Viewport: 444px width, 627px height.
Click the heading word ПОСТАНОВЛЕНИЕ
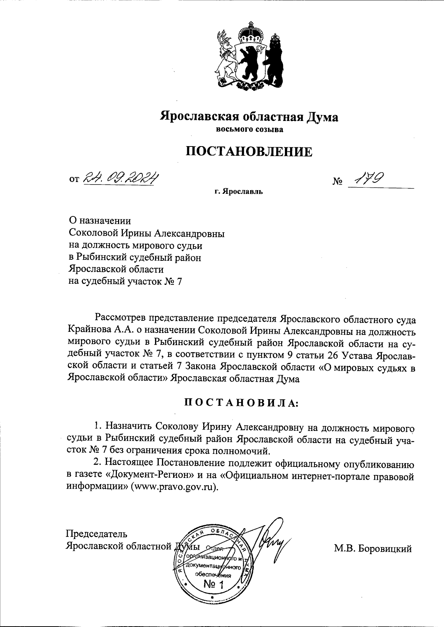[x=249, y=152]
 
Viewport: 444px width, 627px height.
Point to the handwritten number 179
[x=368, y=179]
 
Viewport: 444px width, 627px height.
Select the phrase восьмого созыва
[x=249, y=129]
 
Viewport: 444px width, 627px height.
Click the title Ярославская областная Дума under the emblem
[x=249, y=117]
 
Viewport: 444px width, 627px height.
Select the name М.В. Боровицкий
[x=373, y=549]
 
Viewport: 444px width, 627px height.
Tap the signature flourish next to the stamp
[x=272, y=542]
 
